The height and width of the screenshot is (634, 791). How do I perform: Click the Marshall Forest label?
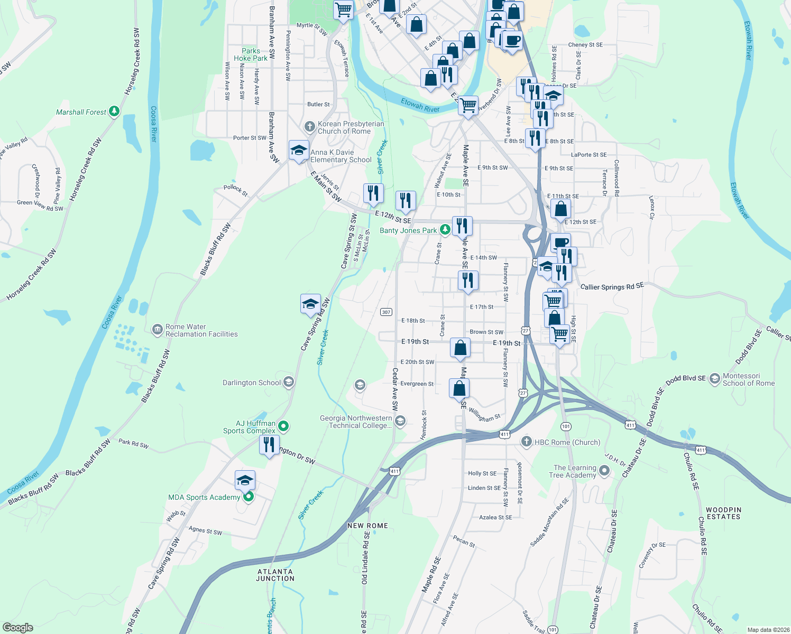click(81, 112)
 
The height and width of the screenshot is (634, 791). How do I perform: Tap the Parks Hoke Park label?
click(251, 55)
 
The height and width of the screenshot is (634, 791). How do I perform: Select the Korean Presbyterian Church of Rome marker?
click(310, 127)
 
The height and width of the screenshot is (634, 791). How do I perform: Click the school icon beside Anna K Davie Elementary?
click(299, 150)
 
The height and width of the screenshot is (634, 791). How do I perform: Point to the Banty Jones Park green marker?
click(445, 230)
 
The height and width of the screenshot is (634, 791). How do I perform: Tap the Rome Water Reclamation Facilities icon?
click(157, 330)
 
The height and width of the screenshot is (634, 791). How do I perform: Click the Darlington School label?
click(252, 383)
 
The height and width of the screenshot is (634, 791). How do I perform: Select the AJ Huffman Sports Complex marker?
click(283, 426)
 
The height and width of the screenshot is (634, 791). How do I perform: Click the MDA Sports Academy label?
click(204, 497)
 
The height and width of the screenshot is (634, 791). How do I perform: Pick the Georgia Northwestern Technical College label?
click(356, 422)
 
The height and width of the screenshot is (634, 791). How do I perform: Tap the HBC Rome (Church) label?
click(567, 442)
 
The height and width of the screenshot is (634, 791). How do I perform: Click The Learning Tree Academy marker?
click(604, 471)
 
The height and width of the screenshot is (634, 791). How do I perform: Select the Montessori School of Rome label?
click(748, 379)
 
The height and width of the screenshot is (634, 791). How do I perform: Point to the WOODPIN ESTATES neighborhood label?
click(723, 513)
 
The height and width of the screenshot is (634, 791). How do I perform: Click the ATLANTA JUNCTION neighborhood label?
click(275, 575)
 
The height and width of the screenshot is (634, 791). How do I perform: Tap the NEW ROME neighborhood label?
click(367, 526)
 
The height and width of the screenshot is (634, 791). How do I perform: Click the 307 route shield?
click(386, 312)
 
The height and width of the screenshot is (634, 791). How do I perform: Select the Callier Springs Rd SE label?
click(612, 286)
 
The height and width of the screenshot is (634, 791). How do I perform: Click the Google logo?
click(18, 627)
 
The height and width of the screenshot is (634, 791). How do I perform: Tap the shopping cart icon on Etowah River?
click(468, 105)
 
